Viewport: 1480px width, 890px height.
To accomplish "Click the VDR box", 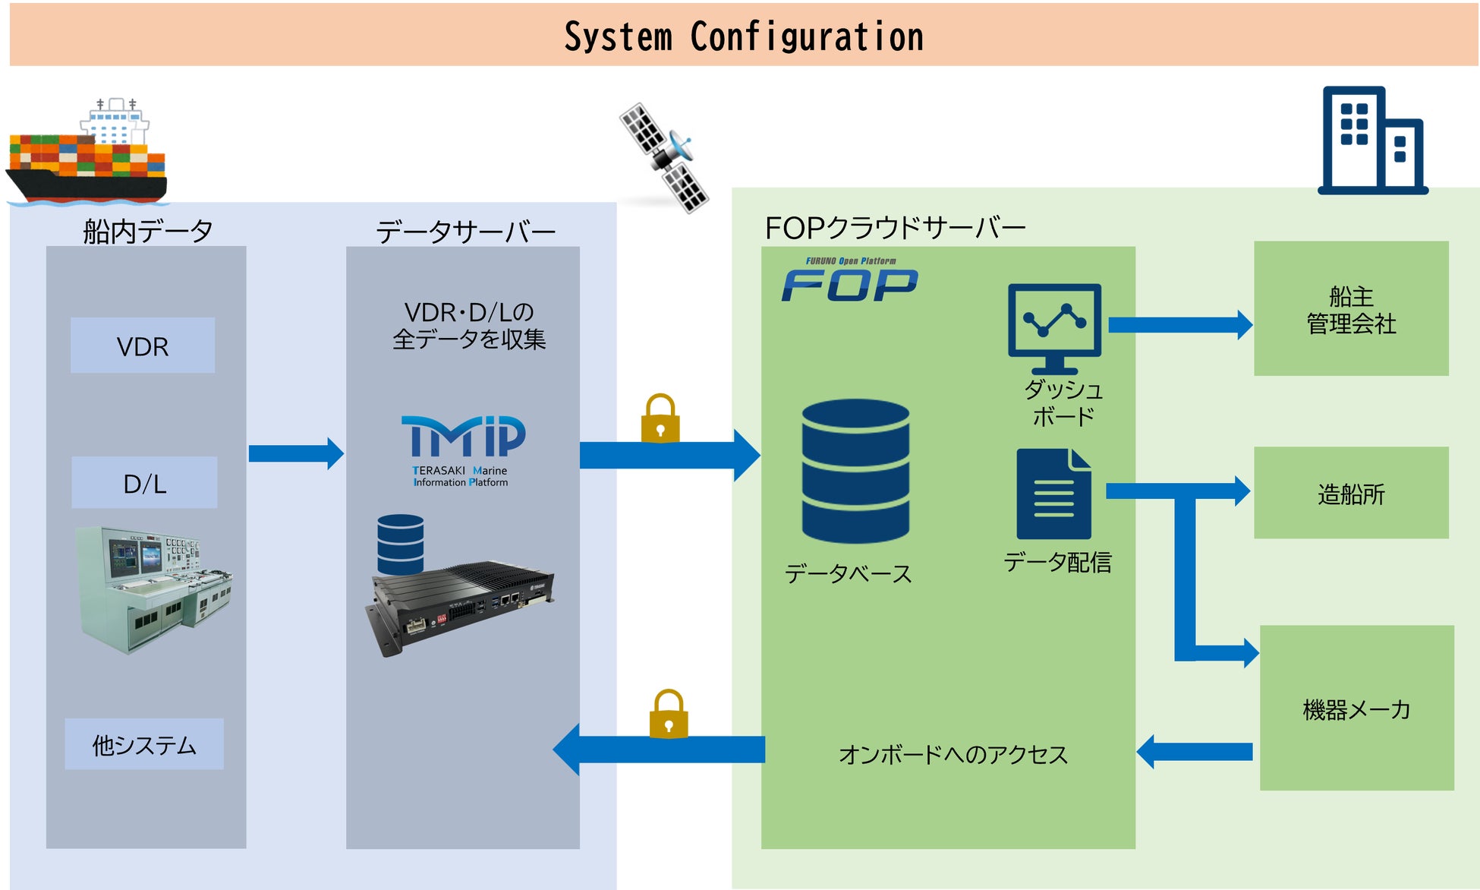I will [143, 346].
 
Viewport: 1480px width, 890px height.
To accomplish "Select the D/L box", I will [144, 482].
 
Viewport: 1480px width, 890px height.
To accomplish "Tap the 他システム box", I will [144, 744].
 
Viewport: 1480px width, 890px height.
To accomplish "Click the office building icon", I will [1372, 141].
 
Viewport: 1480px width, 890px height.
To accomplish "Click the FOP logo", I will [850, 280].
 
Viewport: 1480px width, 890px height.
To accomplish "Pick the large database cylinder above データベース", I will [855, 471].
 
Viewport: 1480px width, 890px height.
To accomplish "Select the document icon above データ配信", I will [1053, 494].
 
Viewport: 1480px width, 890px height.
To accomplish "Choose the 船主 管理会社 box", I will [1351, 308].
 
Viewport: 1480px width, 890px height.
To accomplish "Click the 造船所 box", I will [1351, 493].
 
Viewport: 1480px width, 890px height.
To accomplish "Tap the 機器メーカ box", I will [1357, 708].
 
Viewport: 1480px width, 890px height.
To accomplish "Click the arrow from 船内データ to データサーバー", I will [296, 453].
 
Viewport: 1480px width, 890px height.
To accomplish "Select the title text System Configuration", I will [744, 36].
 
